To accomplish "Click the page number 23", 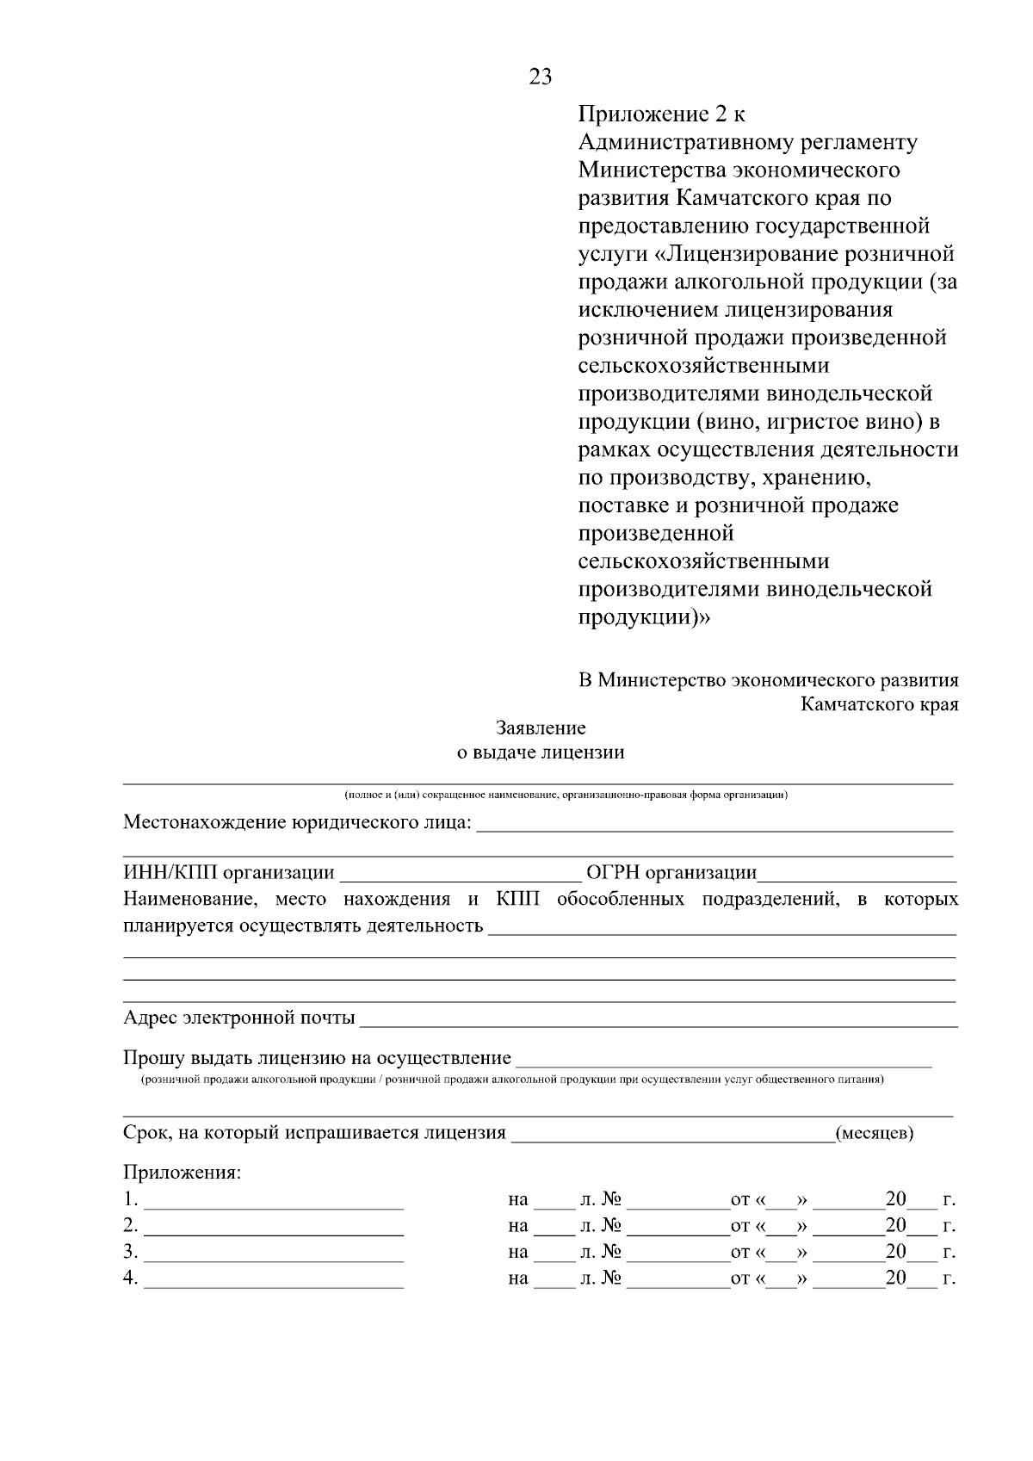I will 540,77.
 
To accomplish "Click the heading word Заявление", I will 541,727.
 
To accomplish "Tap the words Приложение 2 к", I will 662,114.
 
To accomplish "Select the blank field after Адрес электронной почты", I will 659,1020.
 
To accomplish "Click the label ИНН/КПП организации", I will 229,873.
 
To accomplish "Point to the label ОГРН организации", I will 671,873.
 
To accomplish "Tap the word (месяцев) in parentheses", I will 875,1133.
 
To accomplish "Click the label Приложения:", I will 182,1173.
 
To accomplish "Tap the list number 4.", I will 130,1278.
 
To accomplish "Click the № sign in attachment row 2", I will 611,1225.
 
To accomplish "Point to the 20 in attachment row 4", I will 895,1278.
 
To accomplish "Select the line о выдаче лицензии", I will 540,752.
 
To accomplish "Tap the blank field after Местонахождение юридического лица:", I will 714,826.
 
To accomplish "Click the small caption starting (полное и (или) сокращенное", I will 566,795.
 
